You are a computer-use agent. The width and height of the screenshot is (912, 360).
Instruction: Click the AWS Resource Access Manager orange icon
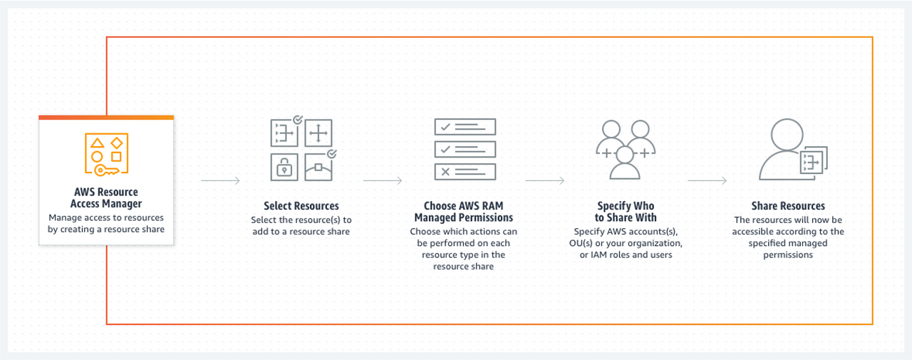coord(106,154)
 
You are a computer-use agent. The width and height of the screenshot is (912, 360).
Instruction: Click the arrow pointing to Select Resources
coord(220,181)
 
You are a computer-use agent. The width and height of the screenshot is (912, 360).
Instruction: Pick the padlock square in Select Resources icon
coord(284,168)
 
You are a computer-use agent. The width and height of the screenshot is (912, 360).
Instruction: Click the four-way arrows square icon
coord(318,135)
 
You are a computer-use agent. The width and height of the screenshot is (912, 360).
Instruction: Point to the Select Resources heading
coord(301,206)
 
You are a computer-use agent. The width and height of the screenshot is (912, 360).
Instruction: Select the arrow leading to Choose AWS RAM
coord(383,181)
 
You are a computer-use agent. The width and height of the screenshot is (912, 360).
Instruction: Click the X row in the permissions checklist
coord(464,171)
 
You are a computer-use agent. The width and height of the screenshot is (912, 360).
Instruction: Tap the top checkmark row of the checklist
coord(464,127)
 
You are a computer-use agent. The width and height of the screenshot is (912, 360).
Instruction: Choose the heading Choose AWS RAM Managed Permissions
coord(464,212)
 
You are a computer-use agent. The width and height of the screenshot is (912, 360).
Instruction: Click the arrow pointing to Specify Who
coord(545,181)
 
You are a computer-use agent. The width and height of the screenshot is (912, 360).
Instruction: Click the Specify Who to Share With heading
coord(625,212)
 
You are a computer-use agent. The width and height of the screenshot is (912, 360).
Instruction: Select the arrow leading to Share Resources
coord(707,181)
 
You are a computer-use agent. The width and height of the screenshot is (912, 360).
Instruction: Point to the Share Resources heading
coord(787,206)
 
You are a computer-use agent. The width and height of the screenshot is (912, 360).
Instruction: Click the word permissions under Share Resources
coord(787,254)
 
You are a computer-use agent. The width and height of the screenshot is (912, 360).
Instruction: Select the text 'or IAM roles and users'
coord(625,254)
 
